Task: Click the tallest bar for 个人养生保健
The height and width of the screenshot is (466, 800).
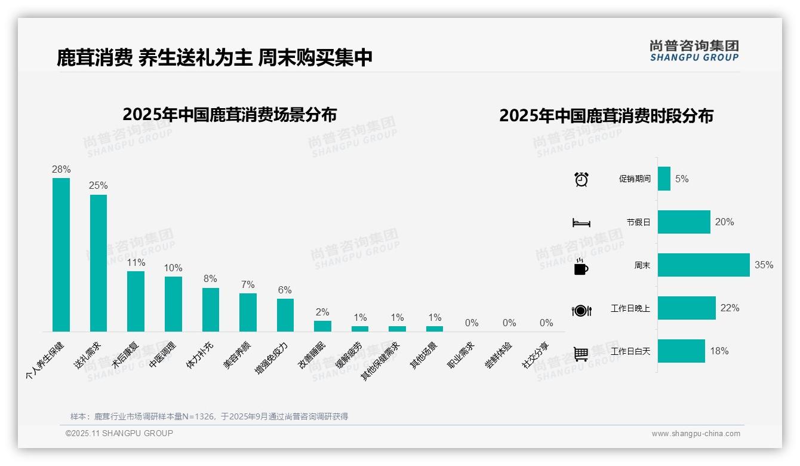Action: click(x=61, y=255)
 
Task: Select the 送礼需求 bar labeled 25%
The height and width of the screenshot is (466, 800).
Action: click(x=99, y=263)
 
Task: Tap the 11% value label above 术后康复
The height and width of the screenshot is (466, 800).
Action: click(x=136, y=262)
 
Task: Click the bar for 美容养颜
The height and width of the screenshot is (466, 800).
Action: click(x=248, y=312)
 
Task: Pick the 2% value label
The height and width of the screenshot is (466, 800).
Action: click(x=322, y=312)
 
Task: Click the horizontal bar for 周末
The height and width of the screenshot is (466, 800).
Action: click(x=703, y=265)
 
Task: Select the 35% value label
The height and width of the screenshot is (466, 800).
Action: click(x=764, y=265)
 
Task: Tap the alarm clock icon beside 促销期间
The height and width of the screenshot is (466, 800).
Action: click(x=581, y=179)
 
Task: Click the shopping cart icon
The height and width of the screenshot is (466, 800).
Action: click(x=581, y=354)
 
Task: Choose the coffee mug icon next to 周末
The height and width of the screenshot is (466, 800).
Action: click(x=581, y=266)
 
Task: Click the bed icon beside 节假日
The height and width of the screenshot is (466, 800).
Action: click(x=581, y=223)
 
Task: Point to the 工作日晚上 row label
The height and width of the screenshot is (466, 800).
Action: click(x=630, y=308)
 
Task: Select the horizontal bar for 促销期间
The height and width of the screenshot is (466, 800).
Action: click(x=664, y=179)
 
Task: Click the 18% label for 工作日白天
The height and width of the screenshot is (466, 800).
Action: click(x=719, y=351)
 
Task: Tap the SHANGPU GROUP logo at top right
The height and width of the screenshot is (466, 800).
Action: click(x=694, y=50)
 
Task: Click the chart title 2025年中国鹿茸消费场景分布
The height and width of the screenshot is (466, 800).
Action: click(x=230, y=114)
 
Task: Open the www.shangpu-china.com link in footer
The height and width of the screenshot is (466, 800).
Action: click(x=696, y=434)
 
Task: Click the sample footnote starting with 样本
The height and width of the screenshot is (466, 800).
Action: click(x=209, y=416)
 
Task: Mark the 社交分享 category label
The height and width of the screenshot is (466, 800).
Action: click(x=536, y=354)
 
